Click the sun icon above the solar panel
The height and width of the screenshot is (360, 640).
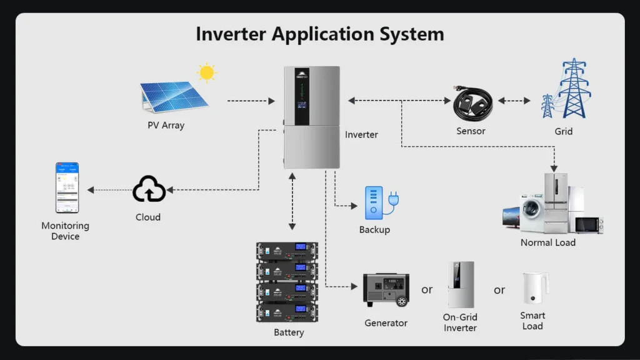point(206,72)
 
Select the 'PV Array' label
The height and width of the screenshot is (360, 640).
point(166,125)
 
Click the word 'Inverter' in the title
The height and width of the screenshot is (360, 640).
point(231,34)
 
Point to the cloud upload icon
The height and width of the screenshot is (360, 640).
point(149,189)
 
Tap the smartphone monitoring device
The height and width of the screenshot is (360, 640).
point(67,187)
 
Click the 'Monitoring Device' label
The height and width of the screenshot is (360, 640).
point(66,231)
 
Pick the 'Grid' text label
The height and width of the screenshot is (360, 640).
point(563,131)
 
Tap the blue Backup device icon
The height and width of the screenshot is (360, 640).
point(375,202)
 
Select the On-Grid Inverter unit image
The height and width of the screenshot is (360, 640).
point(461,284)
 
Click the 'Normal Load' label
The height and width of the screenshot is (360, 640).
point(547,242)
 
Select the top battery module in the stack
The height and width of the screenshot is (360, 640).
point(287,251)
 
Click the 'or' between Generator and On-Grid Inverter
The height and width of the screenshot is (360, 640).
point(427,289)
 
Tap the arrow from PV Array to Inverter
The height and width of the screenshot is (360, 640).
point(251,100)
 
